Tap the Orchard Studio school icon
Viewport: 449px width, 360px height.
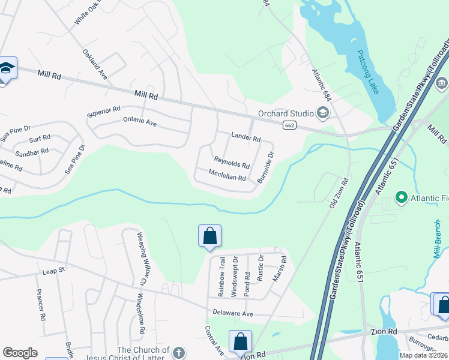323,113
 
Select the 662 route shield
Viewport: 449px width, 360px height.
290,125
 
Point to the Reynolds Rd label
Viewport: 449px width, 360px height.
232,162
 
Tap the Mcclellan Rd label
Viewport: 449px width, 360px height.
227,178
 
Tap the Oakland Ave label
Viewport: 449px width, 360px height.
95,59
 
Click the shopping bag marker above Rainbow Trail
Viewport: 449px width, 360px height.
209,235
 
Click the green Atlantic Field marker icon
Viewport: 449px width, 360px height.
401,197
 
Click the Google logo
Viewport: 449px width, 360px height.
20,353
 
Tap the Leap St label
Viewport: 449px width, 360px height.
53,271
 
